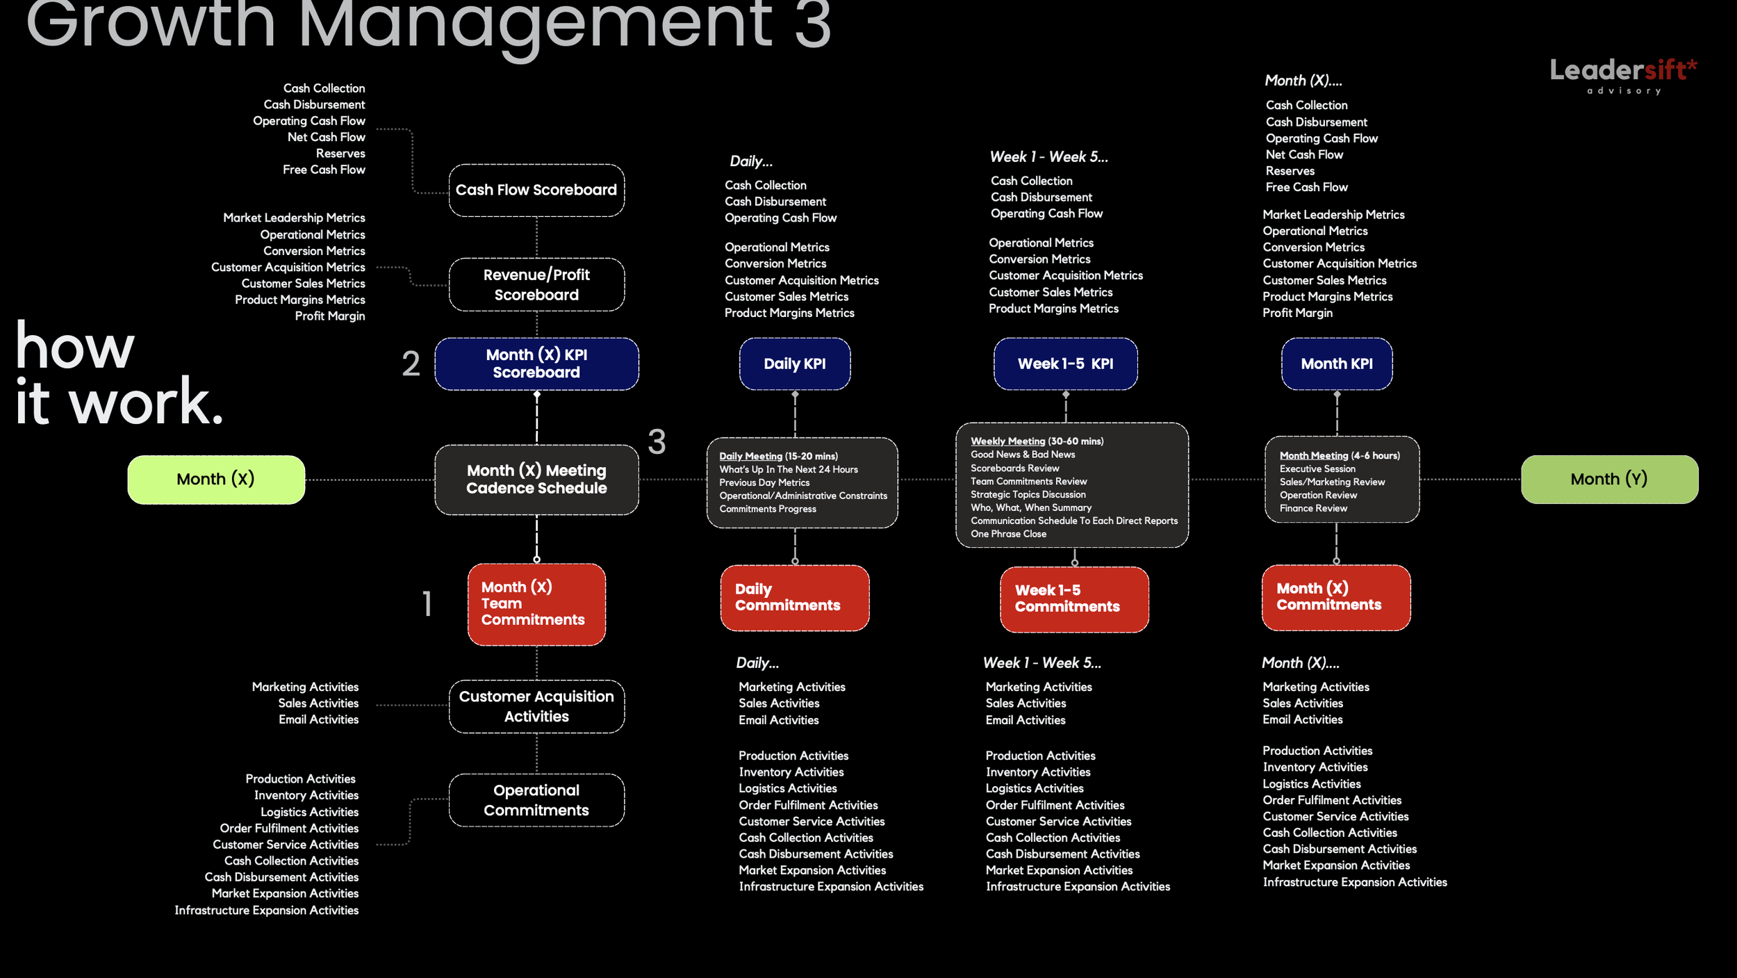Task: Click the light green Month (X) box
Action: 216,480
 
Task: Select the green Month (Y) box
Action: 1609,480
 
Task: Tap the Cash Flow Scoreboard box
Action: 536,190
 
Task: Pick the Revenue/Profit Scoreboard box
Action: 536,285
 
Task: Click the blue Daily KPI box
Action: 795,364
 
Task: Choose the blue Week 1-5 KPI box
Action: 1065,364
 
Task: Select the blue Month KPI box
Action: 1337,364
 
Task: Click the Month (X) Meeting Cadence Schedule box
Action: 536,480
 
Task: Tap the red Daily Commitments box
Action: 795,598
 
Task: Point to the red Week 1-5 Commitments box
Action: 1074,599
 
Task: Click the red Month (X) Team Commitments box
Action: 536,604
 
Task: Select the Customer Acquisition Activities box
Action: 536,706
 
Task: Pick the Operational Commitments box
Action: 536,800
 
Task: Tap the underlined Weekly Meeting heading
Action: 1007,441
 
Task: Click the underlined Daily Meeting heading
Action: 750,457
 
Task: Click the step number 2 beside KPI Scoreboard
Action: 411,364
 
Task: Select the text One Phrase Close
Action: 1008,535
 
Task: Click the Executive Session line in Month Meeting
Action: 1317,469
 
